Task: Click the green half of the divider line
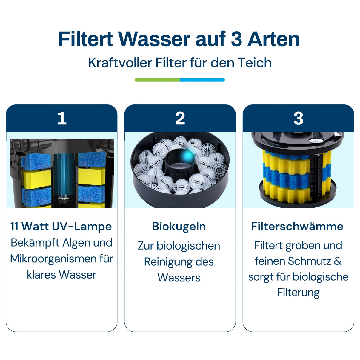157,80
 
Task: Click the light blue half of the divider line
202,80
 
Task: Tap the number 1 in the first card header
62,118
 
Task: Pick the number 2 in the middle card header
180,118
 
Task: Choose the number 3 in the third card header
298,118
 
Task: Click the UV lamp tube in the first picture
64,176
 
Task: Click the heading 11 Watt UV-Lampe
61,227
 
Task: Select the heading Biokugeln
179,227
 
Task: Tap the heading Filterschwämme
297,227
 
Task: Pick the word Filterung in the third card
298,293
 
